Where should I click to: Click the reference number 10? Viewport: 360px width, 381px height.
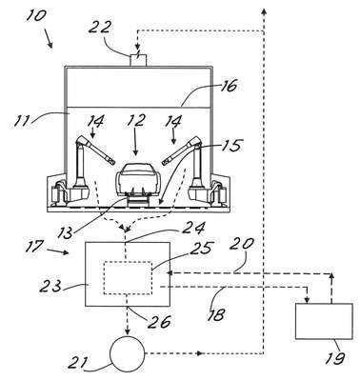(35, 15)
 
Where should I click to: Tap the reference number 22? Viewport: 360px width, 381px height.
(99, 27)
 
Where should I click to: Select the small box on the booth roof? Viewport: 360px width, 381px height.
(138, 60)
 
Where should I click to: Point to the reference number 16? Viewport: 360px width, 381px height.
(227, 86)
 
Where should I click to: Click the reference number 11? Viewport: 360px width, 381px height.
(23, 121)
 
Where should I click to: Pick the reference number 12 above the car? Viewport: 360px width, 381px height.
(135, 120)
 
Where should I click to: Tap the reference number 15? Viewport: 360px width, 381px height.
(230, 145)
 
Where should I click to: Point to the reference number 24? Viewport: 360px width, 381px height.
(194, 229)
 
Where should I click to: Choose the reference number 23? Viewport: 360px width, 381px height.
(50, 287)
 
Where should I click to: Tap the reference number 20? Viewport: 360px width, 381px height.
(242, 244)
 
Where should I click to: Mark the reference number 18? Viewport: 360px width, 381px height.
(216, 314)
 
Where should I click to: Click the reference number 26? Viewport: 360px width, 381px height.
(161, 322)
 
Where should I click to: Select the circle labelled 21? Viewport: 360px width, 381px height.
(127, 353)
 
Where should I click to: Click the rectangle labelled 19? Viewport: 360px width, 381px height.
(324, 321)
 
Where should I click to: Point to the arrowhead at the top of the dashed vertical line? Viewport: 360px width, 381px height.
(264, 11)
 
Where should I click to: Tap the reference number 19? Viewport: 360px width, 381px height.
(335, 358)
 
